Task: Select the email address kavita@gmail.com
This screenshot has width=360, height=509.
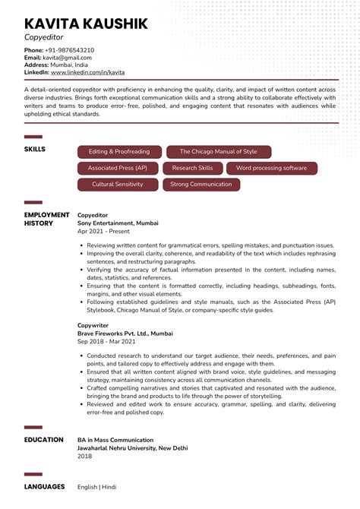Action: point(67,58)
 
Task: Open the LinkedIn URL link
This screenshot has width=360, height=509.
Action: point(87,72)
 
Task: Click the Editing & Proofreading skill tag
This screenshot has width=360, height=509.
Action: point(118,151)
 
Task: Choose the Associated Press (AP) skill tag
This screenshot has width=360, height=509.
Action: point(118,168)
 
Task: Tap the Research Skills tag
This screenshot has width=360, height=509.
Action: point(192,168)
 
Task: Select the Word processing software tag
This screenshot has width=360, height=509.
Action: point(271,168)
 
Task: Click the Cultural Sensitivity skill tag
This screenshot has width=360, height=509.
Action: point(118,185)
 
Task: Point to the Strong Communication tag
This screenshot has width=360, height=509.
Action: point(201,185)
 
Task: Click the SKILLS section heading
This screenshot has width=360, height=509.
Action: point(35,150)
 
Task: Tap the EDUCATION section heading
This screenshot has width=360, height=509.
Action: point(44,440)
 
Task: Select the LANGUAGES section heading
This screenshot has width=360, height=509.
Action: point(44,486)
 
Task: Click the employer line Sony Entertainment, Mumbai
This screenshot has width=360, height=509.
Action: point(118,223)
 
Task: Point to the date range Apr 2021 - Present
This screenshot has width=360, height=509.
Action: point(104,231)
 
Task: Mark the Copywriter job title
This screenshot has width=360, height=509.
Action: point(94,325)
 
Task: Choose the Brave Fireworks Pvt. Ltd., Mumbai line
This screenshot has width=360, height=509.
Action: point(125,334)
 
